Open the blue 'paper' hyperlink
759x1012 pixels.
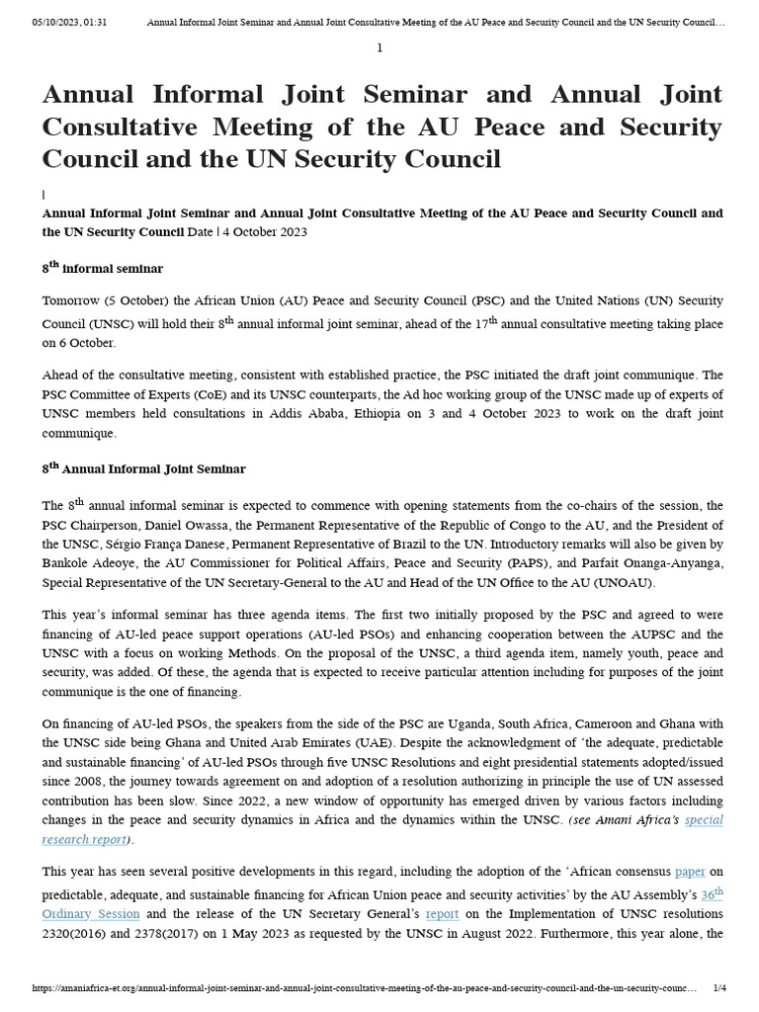click(690, 871)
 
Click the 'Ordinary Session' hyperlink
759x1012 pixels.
click(91, 914)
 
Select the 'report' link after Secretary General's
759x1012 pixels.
click(442, 914)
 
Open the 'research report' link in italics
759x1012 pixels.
click(84, 839)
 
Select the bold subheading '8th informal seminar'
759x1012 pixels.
click(103, 268)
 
